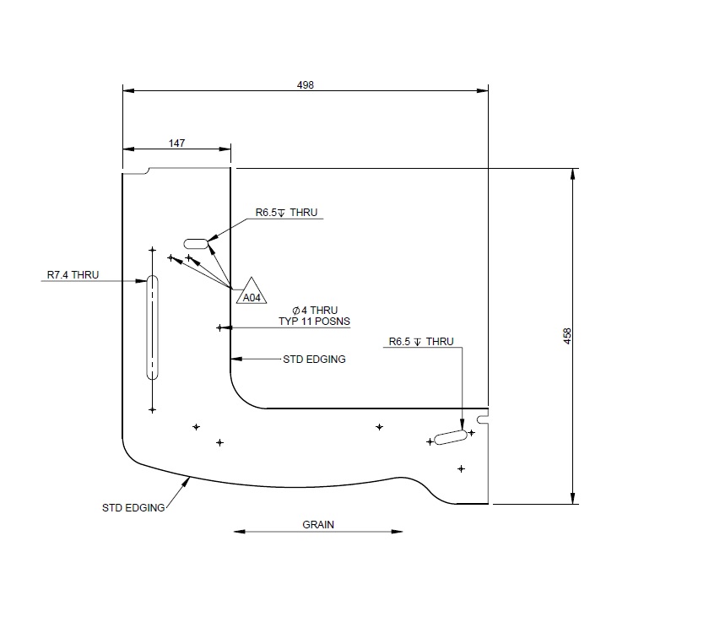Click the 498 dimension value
click(305, 84)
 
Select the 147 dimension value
click(176, 143)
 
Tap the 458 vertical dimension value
click(567, 335)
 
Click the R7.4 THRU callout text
click(73, 274)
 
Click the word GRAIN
click(318, 524)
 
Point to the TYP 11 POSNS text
click(314, 322)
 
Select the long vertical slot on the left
click(153, 327)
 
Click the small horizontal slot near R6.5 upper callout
click(196, 243)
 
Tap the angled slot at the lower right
click(451, 436)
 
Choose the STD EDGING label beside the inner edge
click(314, 359)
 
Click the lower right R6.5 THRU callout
click(421, 342)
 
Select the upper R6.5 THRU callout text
click(286, 213)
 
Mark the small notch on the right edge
click(483, 419)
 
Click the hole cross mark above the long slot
click(153, 250)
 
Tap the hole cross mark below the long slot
click(153, 409)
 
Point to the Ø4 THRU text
click(314, 310)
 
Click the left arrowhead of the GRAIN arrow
click(237, 532)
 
